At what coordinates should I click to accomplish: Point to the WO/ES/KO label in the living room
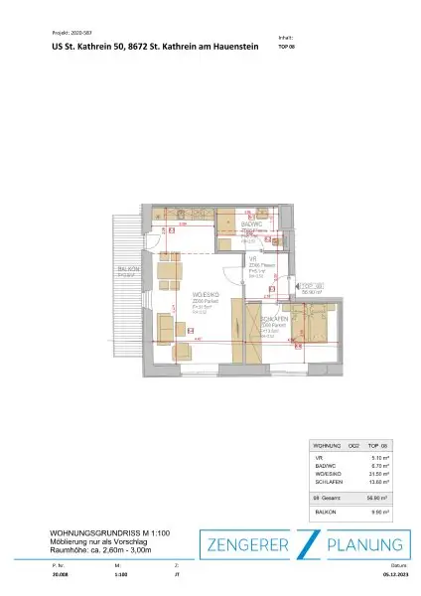205,295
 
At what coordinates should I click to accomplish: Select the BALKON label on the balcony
127,269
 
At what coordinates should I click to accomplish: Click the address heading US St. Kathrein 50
92,46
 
